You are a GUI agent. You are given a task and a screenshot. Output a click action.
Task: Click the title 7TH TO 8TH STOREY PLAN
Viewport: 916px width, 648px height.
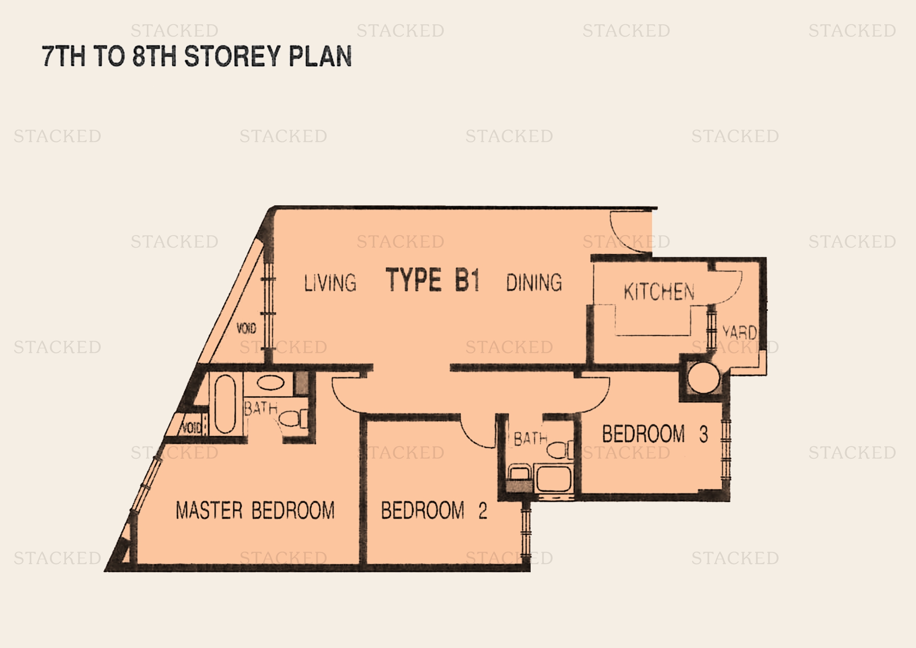197,56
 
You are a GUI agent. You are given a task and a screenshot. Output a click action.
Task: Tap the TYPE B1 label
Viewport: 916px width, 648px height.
432,280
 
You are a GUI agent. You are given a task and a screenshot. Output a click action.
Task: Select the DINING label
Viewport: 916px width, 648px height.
534,282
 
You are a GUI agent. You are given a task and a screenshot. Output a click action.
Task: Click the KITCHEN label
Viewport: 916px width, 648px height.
659,292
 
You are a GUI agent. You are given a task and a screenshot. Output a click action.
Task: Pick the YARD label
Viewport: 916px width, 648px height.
740,332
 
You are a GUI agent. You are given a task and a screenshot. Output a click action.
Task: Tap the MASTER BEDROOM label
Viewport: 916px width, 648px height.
255,510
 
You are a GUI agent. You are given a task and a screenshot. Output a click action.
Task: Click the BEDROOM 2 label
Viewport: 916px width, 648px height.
434,510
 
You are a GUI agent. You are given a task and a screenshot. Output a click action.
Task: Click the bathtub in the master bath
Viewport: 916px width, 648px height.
226,404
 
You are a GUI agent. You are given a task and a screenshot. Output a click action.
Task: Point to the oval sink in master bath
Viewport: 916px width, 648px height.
271,383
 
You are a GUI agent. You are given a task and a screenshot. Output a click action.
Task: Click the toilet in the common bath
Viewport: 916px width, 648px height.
560,450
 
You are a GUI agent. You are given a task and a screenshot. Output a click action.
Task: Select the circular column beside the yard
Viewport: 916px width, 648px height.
704,377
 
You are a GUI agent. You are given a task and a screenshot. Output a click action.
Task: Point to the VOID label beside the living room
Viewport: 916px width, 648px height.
246,328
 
